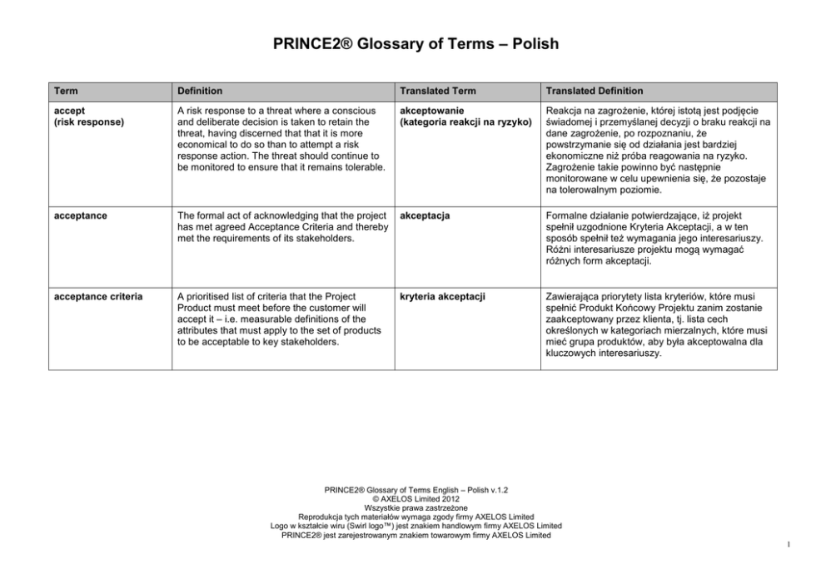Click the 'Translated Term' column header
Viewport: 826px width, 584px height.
pos(438,91)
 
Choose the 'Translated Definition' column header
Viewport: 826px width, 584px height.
pos(594,91)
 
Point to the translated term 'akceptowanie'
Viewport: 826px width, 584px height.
pos(432,111)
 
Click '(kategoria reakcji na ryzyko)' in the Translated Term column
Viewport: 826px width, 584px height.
pos(465,121)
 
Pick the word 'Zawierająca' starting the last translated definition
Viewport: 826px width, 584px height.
pos(575,296)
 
